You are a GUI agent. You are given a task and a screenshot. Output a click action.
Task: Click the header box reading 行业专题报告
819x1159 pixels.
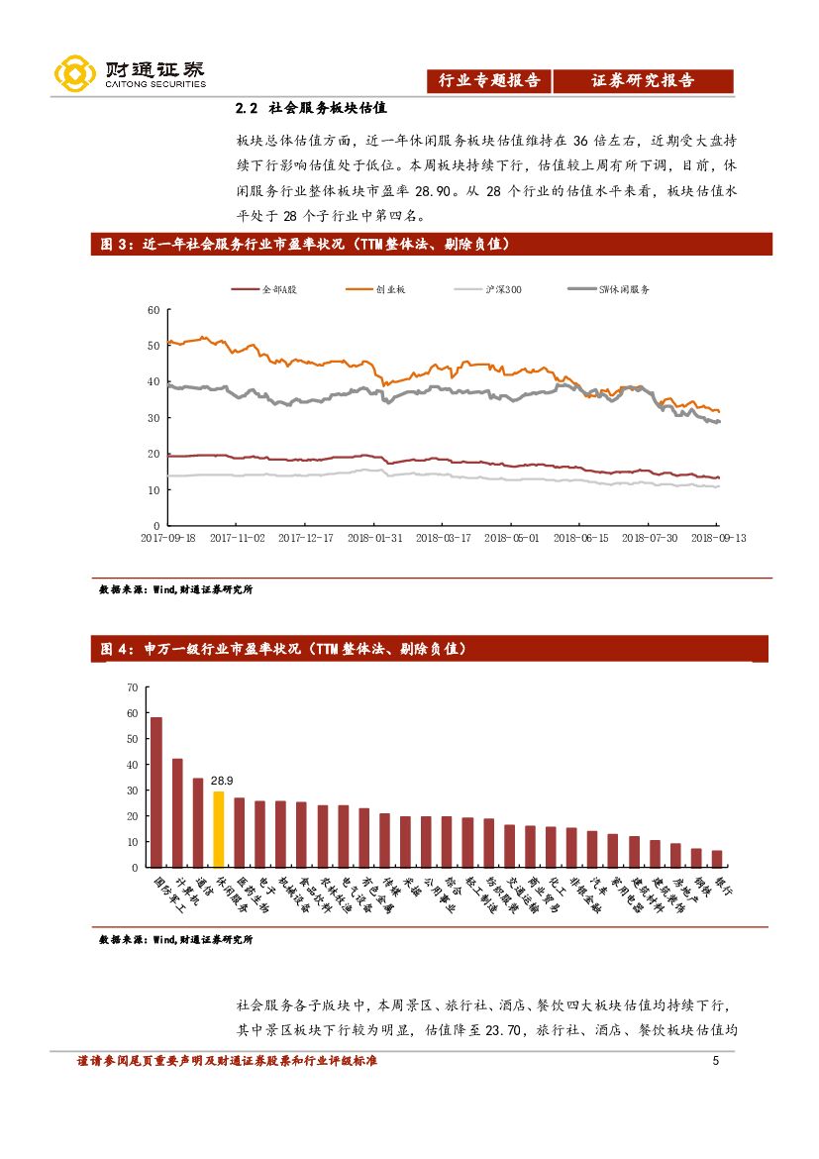coord(489,81)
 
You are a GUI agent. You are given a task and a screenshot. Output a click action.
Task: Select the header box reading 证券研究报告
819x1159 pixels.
coord(643,81)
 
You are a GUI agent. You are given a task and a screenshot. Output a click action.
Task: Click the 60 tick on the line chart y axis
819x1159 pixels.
coord(153,310)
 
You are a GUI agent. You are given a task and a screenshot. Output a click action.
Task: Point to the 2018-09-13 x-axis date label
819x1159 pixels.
coord(717,537)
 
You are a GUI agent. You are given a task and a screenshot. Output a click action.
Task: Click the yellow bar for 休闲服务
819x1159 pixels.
coord(218,829)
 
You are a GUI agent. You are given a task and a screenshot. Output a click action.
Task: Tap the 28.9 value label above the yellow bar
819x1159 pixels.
coord(224,781)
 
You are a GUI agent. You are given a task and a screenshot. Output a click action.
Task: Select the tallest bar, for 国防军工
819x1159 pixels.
coord(156,791)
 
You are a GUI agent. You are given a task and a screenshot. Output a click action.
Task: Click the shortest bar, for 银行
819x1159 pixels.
coord(717,858)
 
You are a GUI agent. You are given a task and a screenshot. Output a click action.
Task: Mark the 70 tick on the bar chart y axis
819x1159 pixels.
coord(133,686)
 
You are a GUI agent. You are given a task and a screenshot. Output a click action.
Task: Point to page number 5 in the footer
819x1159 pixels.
coord(715,1063)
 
